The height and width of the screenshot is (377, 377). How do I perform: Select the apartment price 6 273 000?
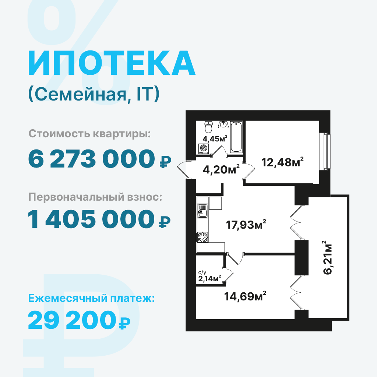[x=91, y=159]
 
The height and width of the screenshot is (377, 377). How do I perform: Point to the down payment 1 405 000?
[x=91, y=219]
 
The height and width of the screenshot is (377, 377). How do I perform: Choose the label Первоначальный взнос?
[x=95, y=197]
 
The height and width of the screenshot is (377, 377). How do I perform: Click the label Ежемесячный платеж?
[x=91, y=299]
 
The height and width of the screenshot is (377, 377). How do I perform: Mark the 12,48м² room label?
[x=282, y=162]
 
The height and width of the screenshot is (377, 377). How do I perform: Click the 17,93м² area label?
[x=246, y=225]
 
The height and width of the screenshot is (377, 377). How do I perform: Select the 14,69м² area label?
[x=245, y=296]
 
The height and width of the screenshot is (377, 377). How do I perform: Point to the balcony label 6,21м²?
[x=328, y=257]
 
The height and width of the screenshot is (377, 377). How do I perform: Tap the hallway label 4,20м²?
[x=221, y=169]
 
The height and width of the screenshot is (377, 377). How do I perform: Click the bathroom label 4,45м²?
[x=215, y=139]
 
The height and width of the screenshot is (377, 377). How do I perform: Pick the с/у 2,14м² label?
[x=209, y=276]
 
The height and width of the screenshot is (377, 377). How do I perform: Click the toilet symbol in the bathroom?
[x=208, y=127]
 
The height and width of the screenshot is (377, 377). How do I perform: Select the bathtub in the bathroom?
[x=236, y=137]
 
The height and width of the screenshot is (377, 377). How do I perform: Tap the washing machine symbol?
[x=203, y=149]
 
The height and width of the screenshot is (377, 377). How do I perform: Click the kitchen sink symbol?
[x=202, y=211]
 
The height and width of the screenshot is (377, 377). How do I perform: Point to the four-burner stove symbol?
[x=202, y=237]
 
